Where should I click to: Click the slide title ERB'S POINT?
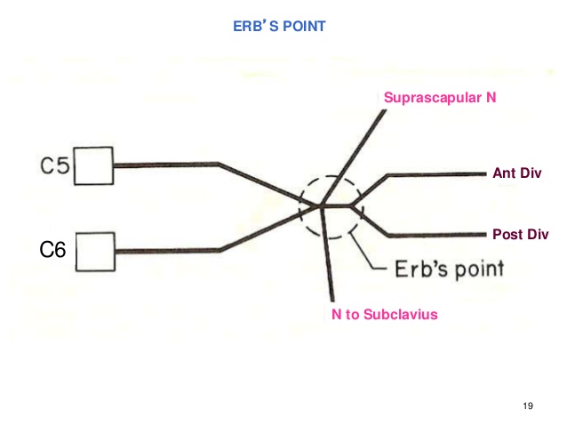coord(278,27)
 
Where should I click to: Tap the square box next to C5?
coord(94,165)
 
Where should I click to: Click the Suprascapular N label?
coord(439,97)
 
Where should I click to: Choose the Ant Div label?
coord(516,173)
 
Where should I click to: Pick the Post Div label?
coord(520,235)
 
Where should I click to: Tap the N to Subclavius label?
coord(385,314)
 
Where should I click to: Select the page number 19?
coord(529,406)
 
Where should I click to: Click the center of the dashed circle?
coord(330,207)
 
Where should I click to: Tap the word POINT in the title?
coord(302,27)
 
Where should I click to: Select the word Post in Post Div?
coord(506,235)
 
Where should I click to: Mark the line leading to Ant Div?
coord(435,174)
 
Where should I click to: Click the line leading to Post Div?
coord(435,236)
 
